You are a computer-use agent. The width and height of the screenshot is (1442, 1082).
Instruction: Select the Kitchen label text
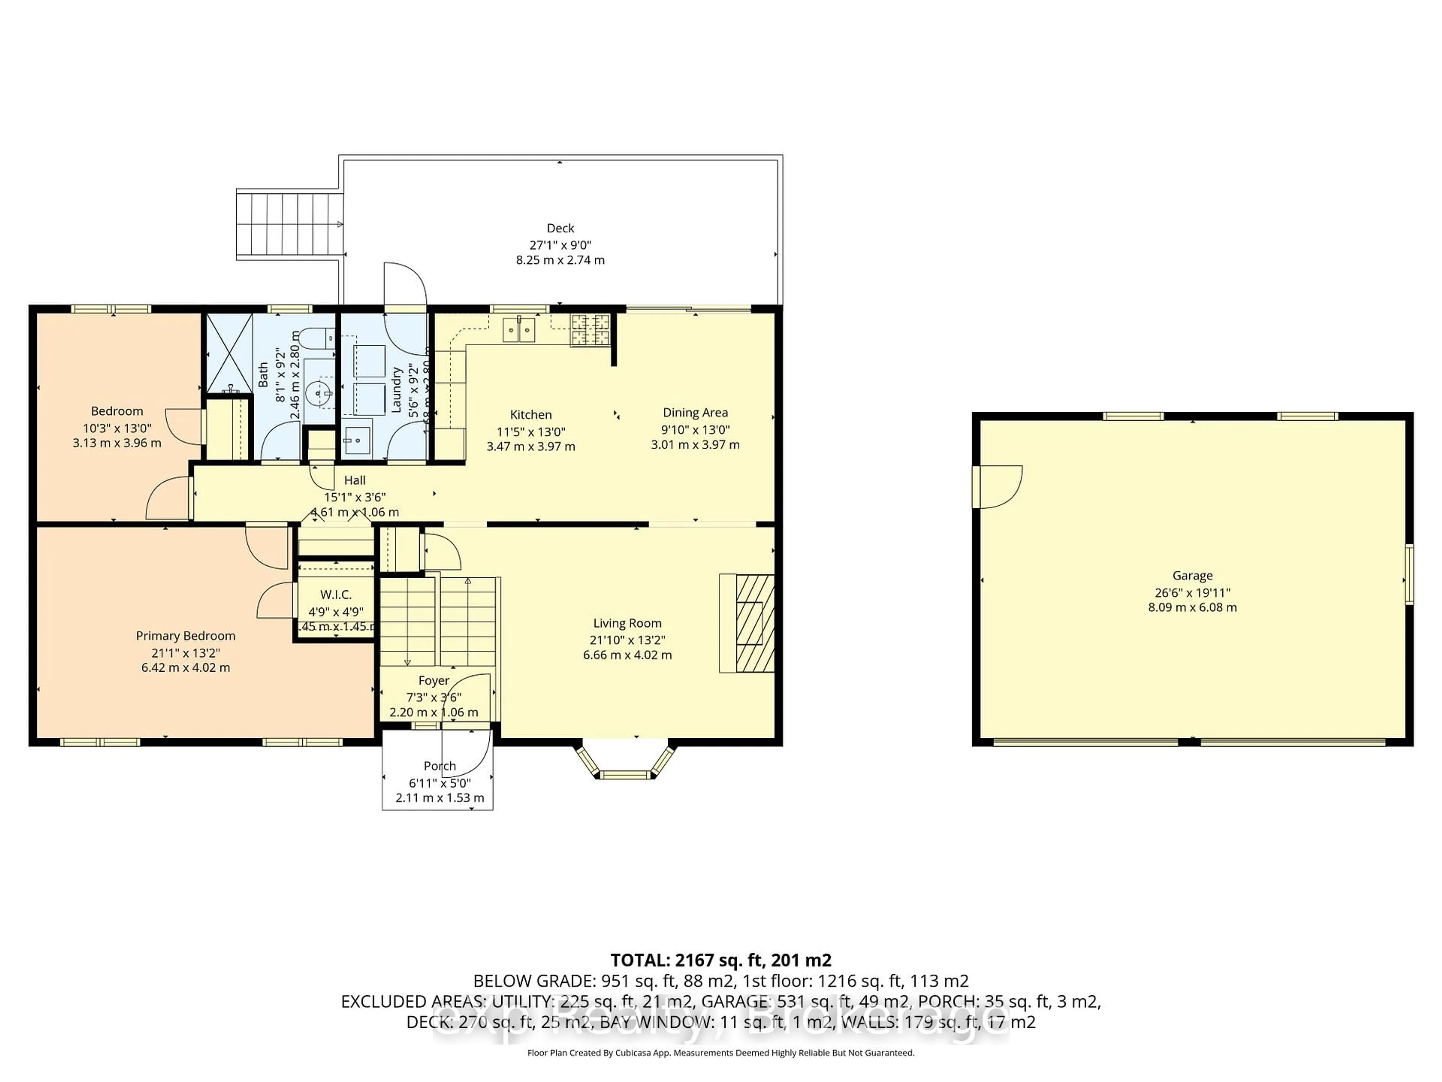pos(531,415)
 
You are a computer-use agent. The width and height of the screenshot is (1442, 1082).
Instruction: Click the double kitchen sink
pos(519,329)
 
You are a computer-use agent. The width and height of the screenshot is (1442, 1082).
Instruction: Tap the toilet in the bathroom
pos(320,338)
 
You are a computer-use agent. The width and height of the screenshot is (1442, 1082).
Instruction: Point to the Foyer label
pos(433,681)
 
